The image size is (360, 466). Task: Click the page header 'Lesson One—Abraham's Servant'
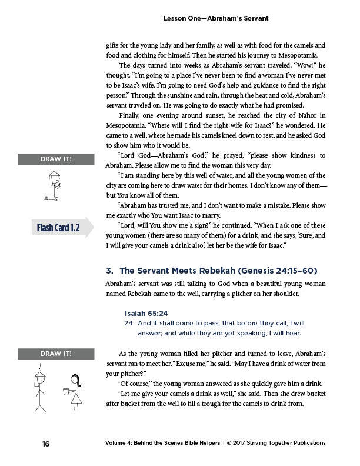tap(216, 19)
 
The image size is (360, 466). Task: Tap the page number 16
tap(45, 443)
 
